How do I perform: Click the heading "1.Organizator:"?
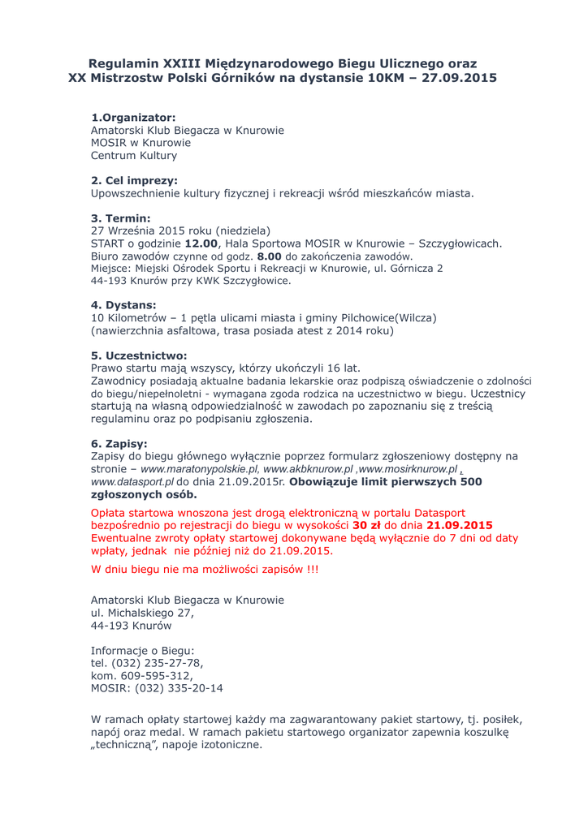coord(133,118)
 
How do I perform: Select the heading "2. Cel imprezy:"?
coord(134,180)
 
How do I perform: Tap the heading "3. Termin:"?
coord(120,218)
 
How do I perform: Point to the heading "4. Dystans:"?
coord(123,305)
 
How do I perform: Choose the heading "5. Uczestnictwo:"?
coord(139,355)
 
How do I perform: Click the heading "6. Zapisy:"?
coord(119,444)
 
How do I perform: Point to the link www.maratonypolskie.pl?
coord(200,469)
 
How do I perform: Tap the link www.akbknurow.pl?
coord(309,469)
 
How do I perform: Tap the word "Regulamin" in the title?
coord(123,63)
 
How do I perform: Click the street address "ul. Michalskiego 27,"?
coord(142,613)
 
